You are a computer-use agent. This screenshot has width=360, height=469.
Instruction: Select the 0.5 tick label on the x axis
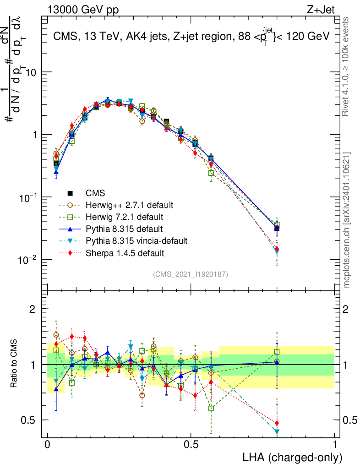tap(191, 444)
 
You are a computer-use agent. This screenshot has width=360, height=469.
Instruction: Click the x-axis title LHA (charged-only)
tap(292, 457)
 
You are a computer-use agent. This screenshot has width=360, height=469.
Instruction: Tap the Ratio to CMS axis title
tap(15, 364)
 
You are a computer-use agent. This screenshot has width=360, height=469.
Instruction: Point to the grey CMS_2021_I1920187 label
tap(191, 274)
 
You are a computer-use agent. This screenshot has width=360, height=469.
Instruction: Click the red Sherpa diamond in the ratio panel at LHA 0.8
tap(277, 423)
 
